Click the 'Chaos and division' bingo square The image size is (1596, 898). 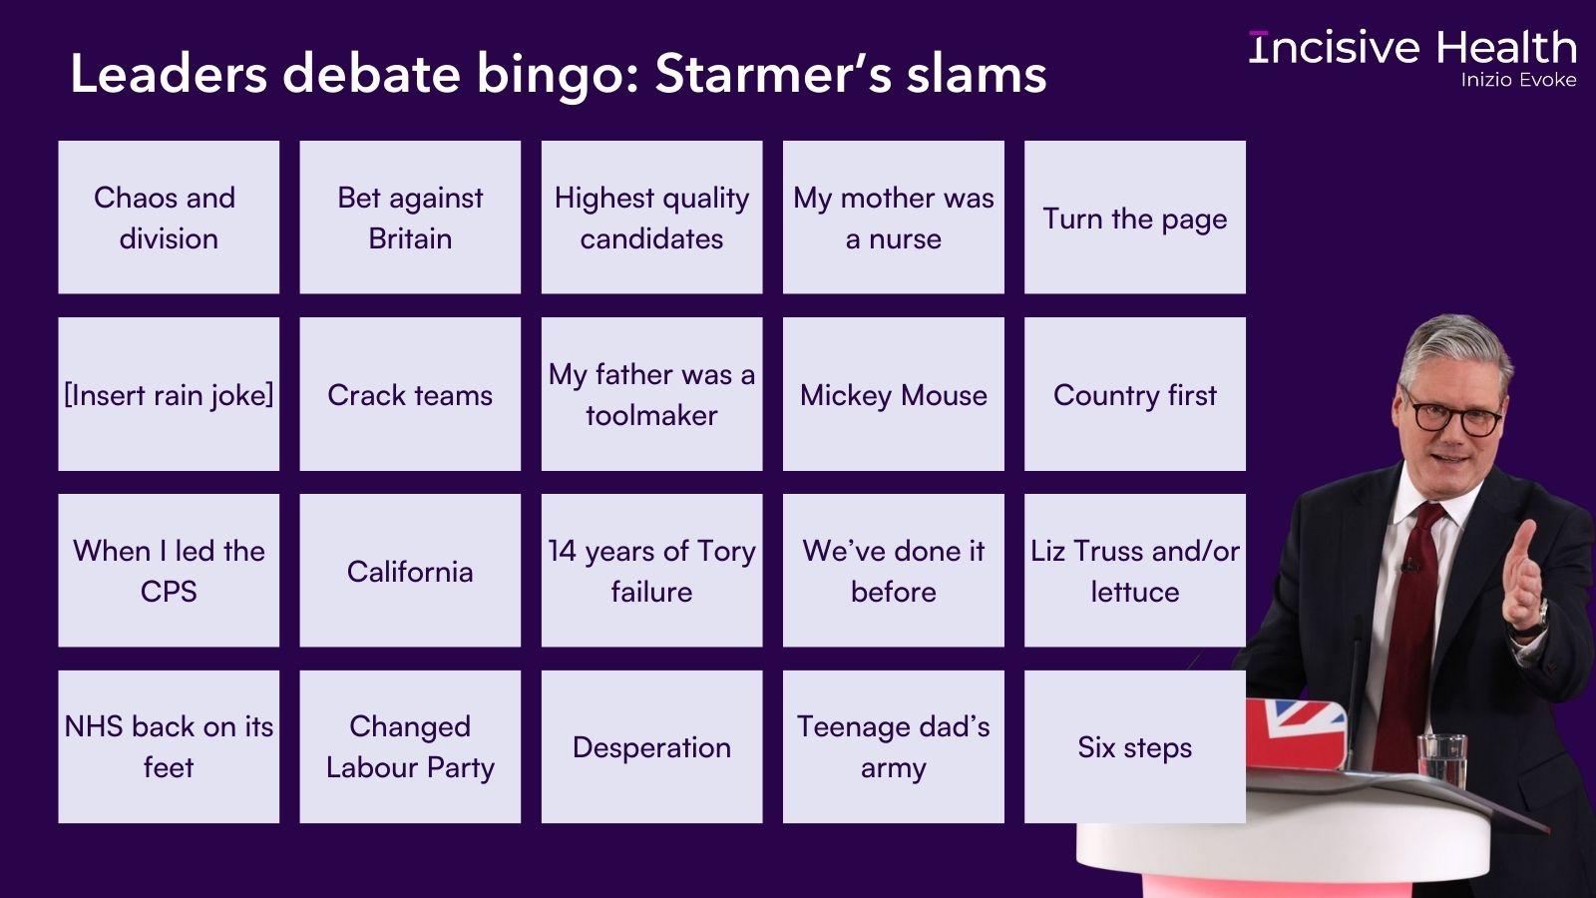tap(169, 218)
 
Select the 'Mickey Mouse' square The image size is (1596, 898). tap(893, 395)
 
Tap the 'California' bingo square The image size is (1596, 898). tap(410, 571)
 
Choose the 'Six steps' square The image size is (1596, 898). tap(1134, 747)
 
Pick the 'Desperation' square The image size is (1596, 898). tap(651, 747)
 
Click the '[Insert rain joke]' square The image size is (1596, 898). tap(169, 395)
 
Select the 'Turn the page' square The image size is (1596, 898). tap(1134, 218)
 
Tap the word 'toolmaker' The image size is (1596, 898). tap(651, 415)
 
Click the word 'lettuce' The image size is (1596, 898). tap(1134, 592)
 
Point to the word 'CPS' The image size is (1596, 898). tap(169, 592)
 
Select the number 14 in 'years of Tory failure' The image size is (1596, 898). tap(563, 551)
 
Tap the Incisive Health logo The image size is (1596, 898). tap(1412, 48)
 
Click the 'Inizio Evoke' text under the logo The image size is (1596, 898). tap(1518, 80)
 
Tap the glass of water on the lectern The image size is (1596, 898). tap(1441, 760)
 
